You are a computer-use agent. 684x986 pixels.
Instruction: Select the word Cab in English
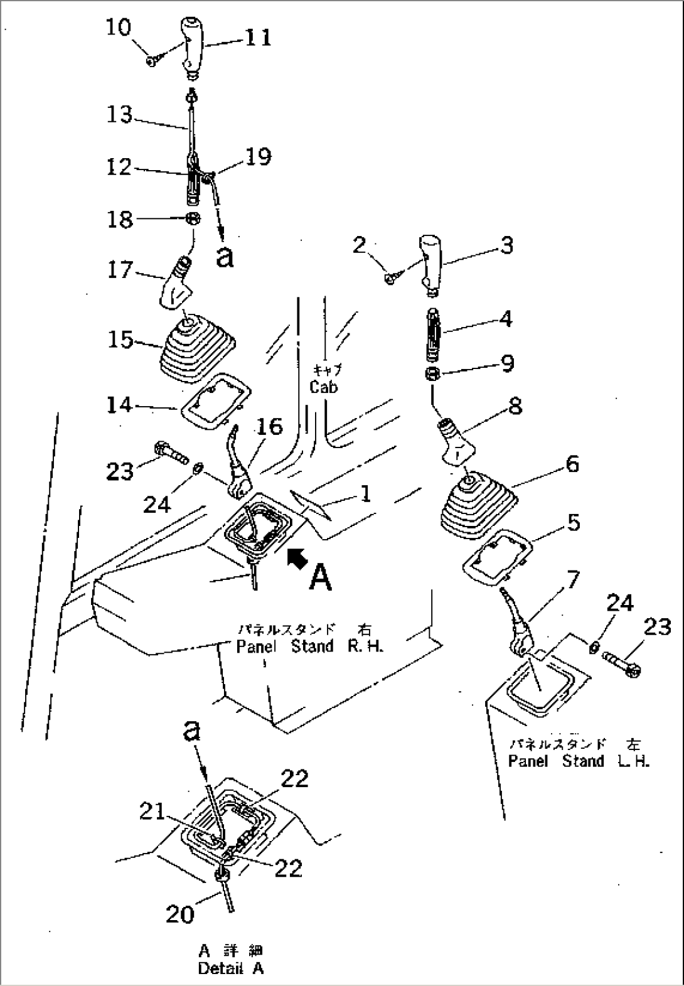point(323,387)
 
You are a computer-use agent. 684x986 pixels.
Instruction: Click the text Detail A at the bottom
point(230,968)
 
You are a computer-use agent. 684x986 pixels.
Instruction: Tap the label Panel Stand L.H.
point(578,761)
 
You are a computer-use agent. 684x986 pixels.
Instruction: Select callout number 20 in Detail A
point(179,914)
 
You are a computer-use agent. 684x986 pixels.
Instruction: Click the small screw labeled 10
point(152,61)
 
